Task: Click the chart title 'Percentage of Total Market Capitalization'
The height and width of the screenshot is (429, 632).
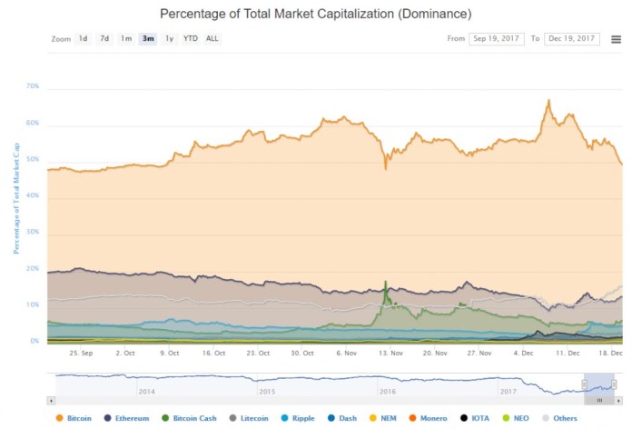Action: click(315, 15)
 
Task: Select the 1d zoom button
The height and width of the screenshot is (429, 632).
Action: click(83, 39)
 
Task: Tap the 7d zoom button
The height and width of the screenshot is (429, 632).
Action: click(104, 39)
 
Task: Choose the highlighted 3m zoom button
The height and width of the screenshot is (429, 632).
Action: click(147, 39)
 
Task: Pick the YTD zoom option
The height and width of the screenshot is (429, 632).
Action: click(190, 39)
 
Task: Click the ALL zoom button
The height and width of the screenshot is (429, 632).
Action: click(212, 39)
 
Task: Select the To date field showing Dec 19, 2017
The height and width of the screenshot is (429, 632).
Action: click(571, 39)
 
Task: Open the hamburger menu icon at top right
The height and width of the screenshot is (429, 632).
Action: click(617, 39)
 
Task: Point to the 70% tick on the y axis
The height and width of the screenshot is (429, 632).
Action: click(33, 86)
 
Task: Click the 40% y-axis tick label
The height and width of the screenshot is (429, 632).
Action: click(33, 195)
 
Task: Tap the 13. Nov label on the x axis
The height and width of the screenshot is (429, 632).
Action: click(390, 353)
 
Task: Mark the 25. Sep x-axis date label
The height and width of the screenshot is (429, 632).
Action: click(82, 353)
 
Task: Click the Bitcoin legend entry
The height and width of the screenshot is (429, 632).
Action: click(74, 418)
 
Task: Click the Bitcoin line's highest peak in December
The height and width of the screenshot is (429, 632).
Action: click(548, 101)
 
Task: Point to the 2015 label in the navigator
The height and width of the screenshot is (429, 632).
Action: click(267, 391)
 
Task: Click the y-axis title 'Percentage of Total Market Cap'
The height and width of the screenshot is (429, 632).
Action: click(15, 195)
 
